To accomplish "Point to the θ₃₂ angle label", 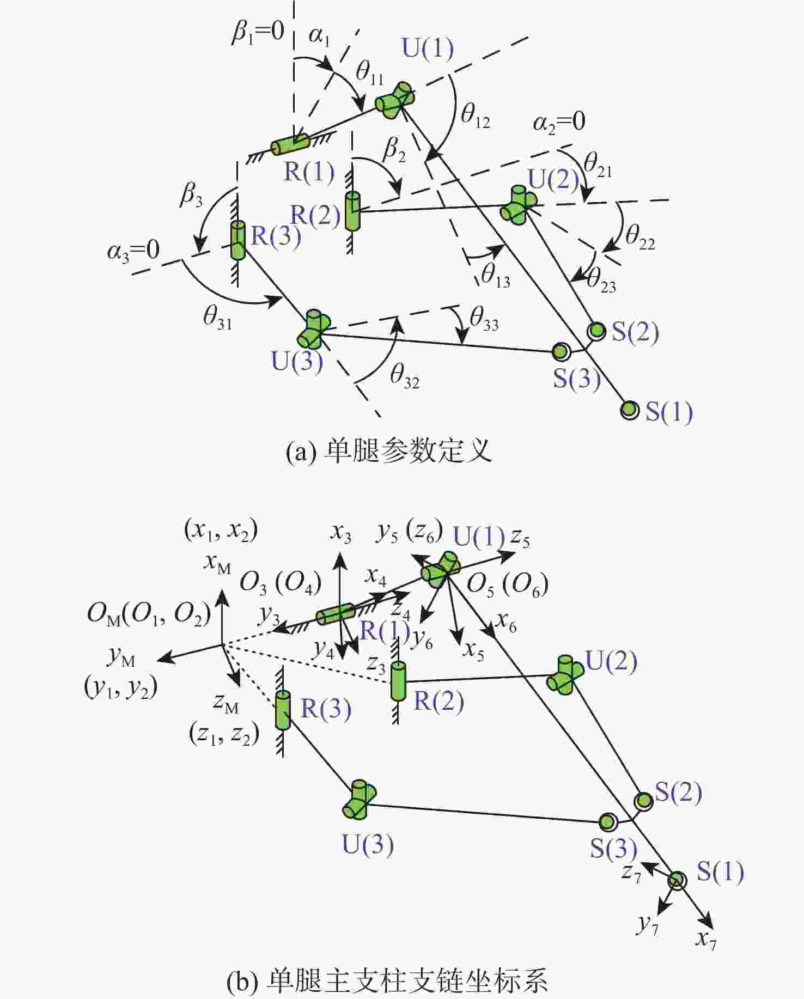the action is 405,376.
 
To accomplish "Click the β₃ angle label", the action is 191,194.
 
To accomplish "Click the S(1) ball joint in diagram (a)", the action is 630,409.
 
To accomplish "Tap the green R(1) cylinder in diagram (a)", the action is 290,144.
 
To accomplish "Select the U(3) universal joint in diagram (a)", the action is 314,329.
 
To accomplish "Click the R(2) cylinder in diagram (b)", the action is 399,681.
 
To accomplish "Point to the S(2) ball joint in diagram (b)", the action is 644,801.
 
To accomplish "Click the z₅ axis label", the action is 520,539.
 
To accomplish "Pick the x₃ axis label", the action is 341,533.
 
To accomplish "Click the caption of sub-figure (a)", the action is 388,452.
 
